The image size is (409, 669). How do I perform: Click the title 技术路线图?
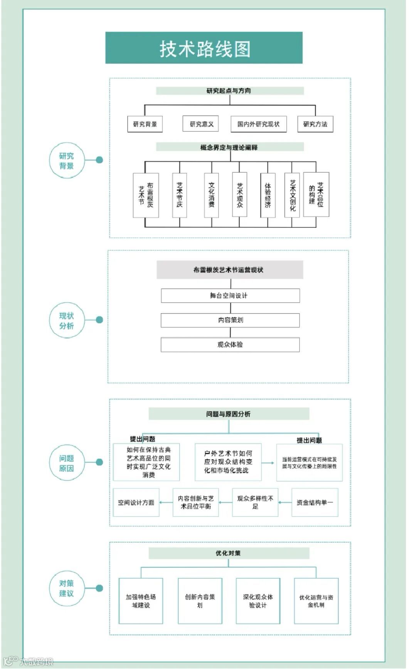pyautogui.click(x=204, y=48)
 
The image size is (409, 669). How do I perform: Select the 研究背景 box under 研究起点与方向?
pyautogui.click(x=145, y=124)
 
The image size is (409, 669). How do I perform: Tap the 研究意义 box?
pyautogui.click(x=201, y=124)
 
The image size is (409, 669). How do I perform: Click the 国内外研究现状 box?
pyautogui.click(x=258, y=124)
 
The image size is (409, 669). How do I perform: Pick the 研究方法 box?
pyautogui.click(x=315, y=124)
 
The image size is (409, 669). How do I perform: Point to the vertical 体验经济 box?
pyautogui.click(x=268, y=195)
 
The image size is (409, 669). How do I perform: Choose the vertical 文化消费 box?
pyautogui.click(x=211, y=195)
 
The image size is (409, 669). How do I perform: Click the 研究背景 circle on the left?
pyautogui.click(x=66, y=161)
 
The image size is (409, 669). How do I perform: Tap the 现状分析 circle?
pyautogui.click(x=66, y=321)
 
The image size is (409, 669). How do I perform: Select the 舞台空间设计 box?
pyautogui.click(x=230, y=296)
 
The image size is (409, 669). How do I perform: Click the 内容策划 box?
pyautogui.click(x=230, y=320)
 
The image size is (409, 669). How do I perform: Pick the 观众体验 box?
pyautogui.click(x=230, y=345)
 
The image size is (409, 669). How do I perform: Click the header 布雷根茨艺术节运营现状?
pyautogui.click(x=229, y=270)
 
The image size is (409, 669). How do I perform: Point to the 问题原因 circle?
pyautogui.click(x=66, y=463)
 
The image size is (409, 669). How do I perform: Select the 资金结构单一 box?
pyautogui.click(x=315, y=502)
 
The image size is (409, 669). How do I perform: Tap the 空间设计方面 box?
pyautogui.click(x=136, y=502)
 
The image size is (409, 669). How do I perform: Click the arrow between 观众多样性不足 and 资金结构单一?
pyautogui.click(x=285, y=502)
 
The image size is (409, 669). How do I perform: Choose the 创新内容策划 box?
pyautogui.click(x=200, y=600)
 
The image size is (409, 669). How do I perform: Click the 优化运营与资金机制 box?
pyautogui.click(x=316, y=600)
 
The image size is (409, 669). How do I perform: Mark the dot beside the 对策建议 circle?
pyautogui.click(x=99, y=588)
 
